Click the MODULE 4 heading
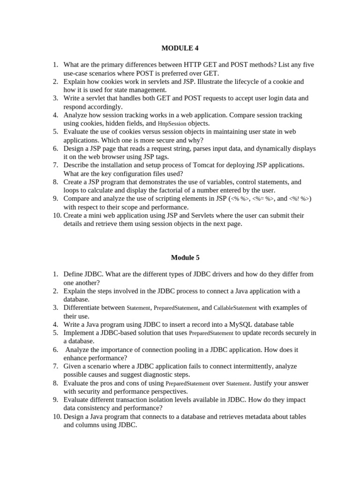point(177,48)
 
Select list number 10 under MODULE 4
point(56,216)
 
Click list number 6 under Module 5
point(55,349)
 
